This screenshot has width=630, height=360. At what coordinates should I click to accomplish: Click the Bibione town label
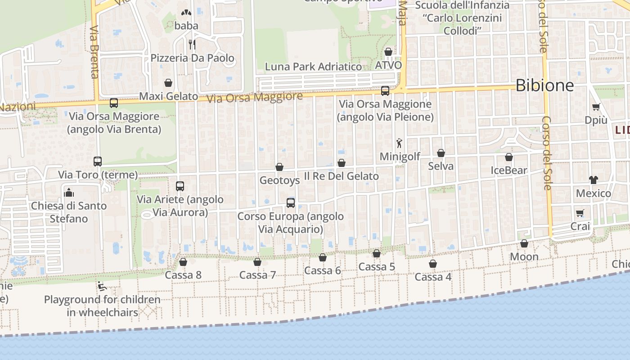(544, 85)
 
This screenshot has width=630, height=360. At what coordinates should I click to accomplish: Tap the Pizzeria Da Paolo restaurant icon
(192, 44)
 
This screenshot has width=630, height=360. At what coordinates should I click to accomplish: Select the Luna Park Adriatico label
(313, 67)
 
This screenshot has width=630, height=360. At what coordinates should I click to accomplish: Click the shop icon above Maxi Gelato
(168, 83)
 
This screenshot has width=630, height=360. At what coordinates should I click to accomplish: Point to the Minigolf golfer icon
(399, 143)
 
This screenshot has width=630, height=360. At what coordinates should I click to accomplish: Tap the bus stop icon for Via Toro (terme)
(98, 161)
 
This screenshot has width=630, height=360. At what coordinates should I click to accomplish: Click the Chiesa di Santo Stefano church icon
(69, 192)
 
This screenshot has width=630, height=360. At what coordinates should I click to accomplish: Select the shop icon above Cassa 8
(183, 261)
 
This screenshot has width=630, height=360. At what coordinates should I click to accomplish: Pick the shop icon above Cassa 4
(433, 263)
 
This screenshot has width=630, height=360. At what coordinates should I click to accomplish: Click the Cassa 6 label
(323, 270)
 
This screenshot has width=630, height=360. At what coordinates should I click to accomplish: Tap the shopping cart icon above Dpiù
(596, 107)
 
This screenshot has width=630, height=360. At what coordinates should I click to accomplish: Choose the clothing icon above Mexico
(594, 180)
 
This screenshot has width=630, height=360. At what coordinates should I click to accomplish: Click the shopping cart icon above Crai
(580, 213)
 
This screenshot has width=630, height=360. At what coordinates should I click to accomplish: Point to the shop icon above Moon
(524, 243)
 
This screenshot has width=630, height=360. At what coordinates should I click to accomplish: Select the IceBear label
(509, 170)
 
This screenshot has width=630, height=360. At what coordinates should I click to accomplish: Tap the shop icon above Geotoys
(279, 167)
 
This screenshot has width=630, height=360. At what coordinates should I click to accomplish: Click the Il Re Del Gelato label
(342, 176)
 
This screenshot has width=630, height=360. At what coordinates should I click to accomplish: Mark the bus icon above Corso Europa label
(291, 203)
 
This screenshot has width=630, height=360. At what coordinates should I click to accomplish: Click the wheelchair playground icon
(102, 286)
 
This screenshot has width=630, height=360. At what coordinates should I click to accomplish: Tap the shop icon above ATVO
(388, 52)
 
